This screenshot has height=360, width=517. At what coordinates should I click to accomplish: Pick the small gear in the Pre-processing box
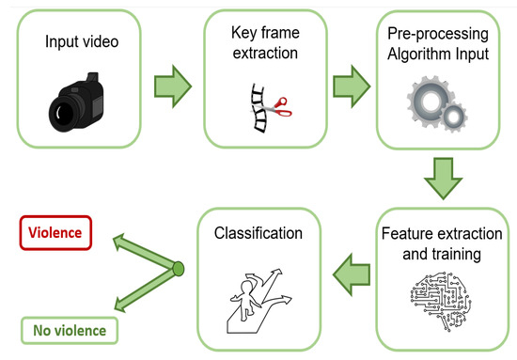pyautogui.click(x=453, y=117)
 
